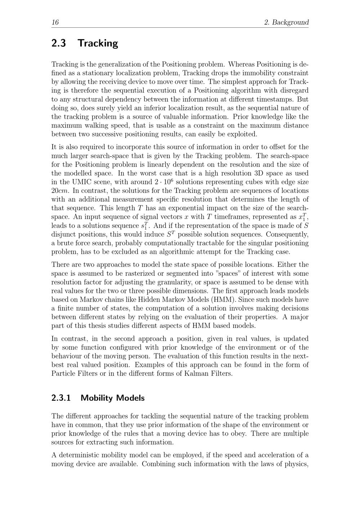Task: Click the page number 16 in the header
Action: coord(55,22)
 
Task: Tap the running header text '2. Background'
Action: coord(286,22)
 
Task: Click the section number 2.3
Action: coord(59,43)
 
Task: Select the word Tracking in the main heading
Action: coord(98,43)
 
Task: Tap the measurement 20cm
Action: coord(60,191)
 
